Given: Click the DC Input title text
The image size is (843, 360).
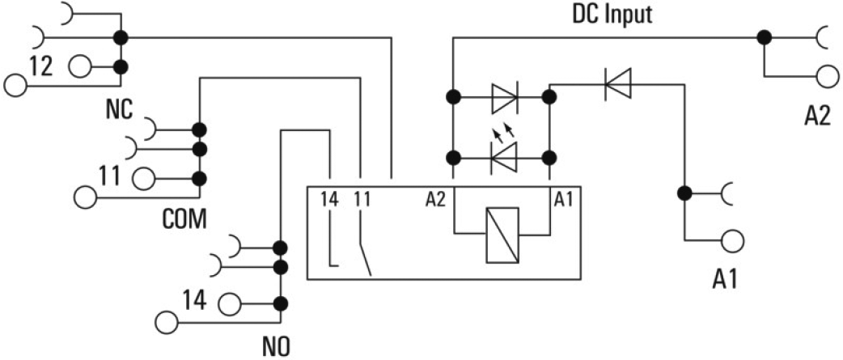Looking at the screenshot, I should click(x=613, y=14).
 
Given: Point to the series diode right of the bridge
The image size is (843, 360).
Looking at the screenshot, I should click(x=618, y=83).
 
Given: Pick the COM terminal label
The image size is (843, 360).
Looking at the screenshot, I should click(x=185, y=218).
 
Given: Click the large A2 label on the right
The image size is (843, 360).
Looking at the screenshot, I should click(x=817, y=116).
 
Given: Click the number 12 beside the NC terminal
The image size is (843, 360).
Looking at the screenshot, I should click(x=43, y=67).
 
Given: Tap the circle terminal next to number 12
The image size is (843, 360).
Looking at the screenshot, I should click(x=81, y=67).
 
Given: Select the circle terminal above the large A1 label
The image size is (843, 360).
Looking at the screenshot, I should click(x=732, y=240).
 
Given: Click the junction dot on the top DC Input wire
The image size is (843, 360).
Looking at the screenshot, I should click(x=762, y=36).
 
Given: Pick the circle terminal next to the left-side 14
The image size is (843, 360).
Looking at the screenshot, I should click(x=229, y=303).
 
